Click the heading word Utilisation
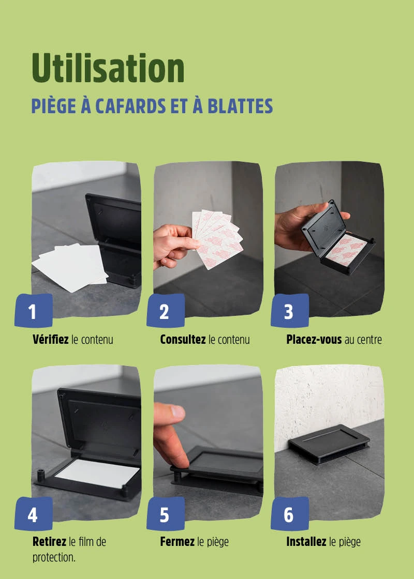pyautogui.click(x=108, y=68)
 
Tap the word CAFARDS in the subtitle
pyautogui.click(x=130, y=106)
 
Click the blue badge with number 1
pyautogui.click(x=33, y=311)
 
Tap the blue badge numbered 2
pyautogui.click(x=165, y=311)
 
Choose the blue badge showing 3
pyautogui.click(x=289, y=311)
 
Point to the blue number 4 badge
pyautogui.click(x=33, y=514)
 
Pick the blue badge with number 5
pyautogui.click(x=165, y=514)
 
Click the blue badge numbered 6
pyautogui.click(x=289, y=514)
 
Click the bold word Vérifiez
pyautogui.click(x=51, y=339)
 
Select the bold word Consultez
pyautogui.click(x=183, y=339)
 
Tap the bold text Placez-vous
pyautogui.click(x=314, y=339)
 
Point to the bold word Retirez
pyautogui.click(x=49, y=542)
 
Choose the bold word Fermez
pyautogui.click(x=177, y=542)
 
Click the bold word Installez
pyautogui.click(x=306, y=542)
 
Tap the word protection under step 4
pyautogui.click(x=54, y=558)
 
